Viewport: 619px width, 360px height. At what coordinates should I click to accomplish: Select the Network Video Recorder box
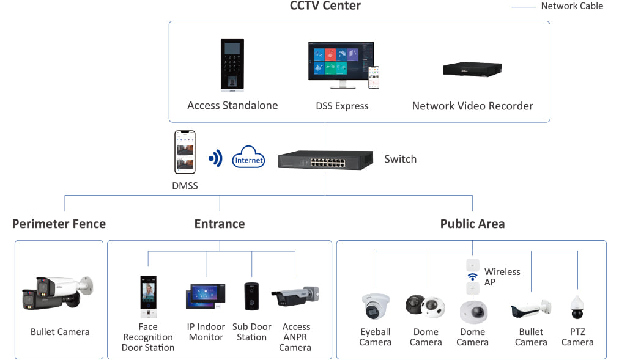pos(472,69)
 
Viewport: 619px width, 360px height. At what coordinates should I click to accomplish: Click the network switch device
pos(325,160)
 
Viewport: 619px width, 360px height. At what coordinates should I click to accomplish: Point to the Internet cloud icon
pos(248,158)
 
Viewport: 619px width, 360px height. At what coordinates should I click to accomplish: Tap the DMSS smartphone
pos(185,152)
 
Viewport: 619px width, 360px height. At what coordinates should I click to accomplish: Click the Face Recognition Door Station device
pos(148,296)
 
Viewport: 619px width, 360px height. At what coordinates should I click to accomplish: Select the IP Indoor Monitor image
pos(206,297)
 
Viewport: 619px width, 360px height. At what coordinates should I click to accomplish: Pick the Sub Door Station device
pos(251,296)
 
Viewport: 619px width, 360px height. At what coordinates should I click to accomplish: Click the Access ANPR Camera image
pos(295,296)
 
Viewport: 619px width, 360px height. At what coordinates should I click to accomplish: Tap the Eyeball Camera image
pos(375,306)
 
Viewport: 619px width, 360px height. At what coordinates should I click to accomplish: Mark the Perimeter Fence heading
pos(59,224)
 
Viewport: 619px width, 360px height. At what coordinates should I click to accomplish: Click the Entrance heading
pos(220,224)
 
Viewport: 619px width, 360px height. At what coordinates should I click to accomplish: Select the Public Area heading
pos(472,224)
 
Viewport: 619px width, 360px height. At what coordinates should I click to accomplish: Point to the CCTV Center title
pos(325,6)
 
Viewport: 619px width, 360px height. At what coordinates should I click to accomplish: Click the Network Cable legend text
pos(572,6)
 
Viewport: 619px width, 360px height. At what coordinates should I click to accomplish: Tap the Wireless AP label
pos(502,277)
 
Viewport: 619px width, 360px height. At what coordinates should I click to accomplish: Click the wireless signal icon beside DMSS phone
pos(215,159)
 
